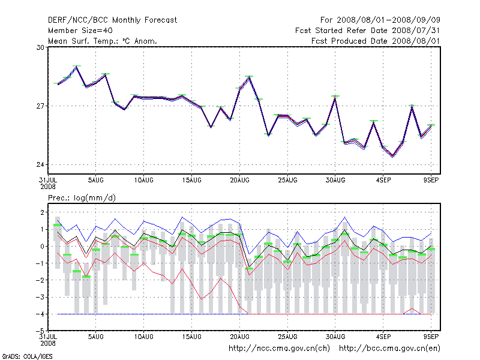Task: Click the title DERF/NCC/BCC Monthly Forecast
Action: point(112,20)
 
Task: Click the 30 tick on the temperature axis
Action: point(42,47)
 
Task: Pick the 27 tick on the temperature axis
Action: point(42,106)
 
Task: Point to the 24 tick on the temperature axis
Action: point(42,165)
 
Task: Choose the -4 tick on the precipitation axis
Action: point(41,314)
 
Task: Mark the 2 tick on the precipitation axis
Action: point(43,212)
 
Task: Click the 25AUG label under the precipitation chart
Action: point(287,336)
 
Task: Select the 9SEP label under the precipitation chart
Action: point(432,336)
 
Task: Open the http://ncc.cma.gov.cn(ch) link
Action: point(280,348)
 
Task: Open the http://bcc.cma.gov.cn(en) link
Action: point(390,348)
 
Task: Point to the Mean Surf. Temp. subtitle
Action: point(103,41)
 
